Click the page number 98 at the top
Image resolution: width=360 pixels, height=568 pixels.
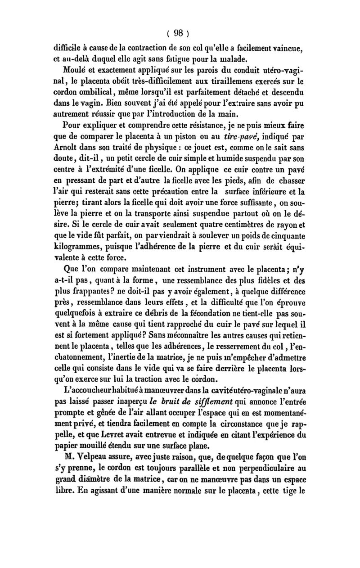coord(180,32)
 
